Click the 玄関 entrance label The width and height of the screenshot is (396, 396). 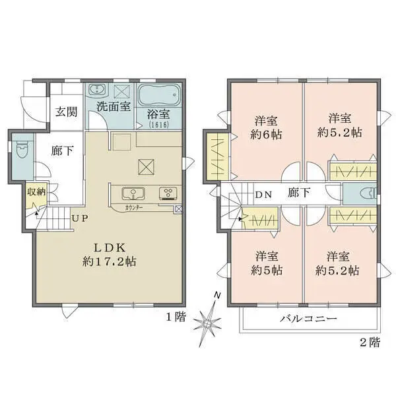(65, 112)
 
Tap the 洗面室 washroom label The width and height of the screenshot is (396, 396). (113, 106)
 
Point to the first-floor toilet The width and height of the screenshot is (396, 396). (20, 150)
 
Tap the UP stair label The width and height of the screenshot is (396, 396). (81, 218)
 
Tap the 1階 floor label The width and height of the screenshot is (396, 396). (176, 318)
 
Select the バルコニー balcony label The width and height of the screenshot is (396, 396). (311, 319)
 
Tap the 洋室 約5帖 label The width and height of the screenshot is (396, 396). (267, 263)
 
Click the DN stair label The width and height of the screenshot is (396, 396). (265, 195)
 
